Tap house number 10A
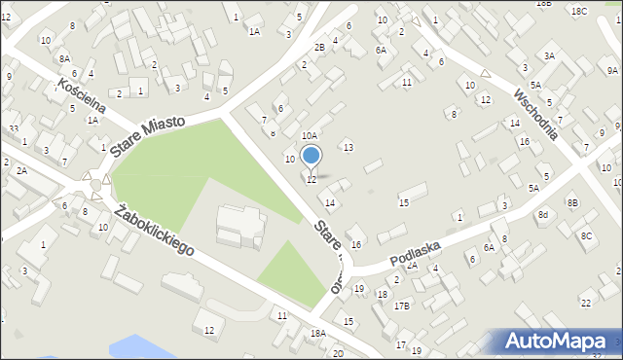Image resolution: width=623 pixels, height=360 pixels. [x=310, y=136]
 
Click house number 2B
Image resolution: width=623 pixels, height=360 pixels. [x=319, y=48]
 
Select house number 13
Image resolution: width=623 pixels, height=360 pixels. [x=348, y=147]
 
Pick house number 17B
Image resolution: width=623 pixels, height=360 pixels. [x=402, y=306]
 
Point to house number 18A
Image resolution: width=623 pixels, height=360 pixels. [x=317, y=334]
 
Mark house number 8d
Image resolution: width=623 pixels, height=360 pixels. [x=543, y=214]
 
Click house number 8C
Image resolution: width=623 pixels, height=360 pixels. [x=586, y=235]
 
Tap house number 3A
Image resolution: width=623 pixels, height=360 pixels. [x=550, y=56]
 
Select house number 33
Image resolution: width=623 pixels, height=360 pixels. [x=14, y=128]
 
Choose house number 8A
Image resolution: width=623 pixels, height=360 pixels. [x=64, y=58]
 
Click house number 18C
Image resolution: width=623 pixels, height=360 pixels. [x=579, y=11]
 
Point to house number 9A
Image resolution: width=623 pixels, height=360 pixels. [x=612, y=71]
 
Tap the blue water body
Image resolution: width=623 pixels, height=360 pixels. [x=146, y=347]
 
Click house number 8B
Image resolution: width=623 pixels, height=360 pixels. [x=572, y=202]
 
